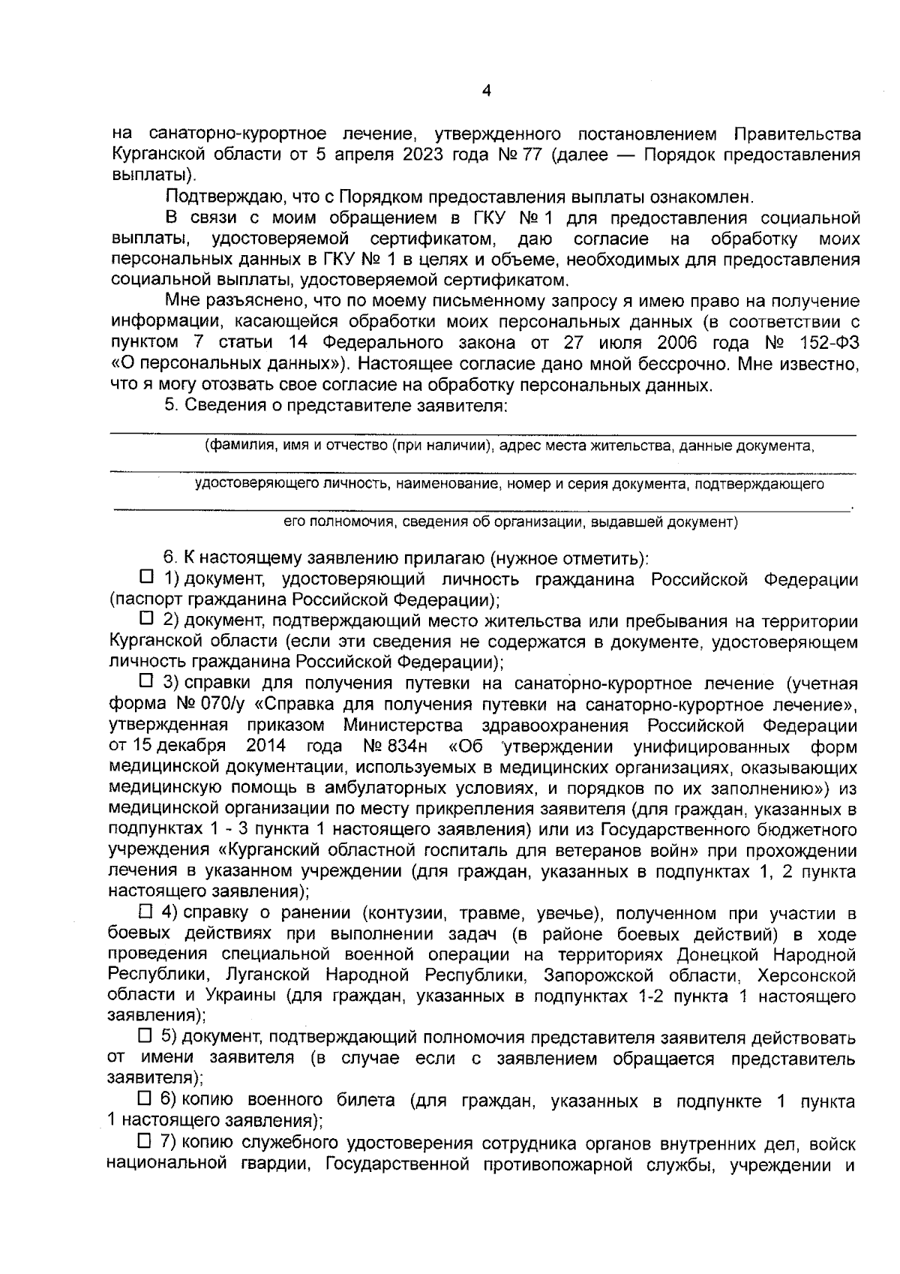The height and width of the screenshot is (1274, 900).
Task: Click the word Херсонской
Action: click(x=807, y=975)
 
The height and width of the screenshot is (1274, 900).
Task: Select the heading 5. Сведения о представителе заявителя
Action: click(x=337, y=406)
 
